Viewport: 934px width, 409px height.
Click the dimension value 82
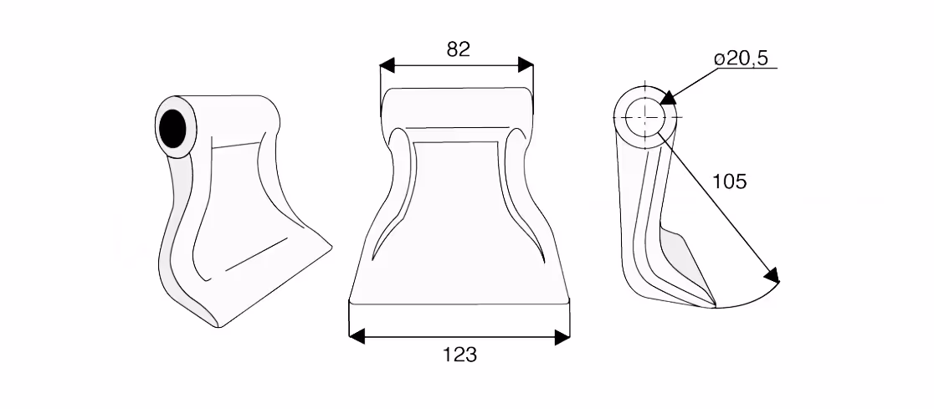pos(458,49)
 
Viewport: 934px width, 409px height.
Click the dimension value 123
pos(459,355)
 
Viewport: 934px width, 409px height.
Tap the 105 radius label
pos(730,181)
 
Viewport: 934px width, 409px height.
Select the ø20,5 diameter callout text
pos(741,59)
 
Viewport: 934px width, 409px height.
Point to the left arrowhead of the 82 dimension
pos(387,65)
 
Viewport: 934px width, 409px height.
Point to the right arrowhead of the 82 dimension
pos(526,65)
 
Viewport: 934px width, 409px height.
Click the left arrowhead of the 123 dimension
pos(357,337)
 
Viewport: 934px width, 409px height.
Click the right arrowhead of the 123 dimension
pos(562,337)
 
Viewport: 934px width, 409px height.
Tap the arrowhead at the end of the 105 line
pos(772,275)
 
